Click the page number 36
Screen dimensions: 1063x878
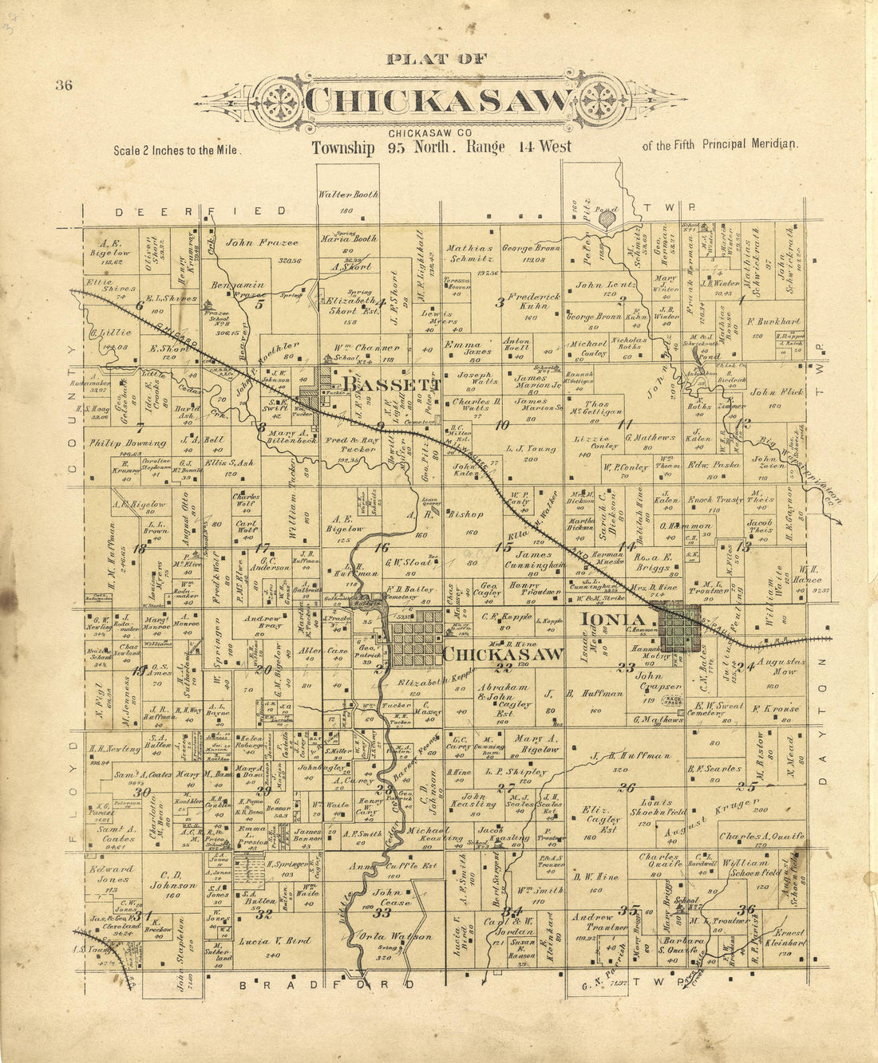click(64, 86)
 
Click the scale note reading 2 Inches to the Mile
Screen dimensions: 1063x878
click(176, 150)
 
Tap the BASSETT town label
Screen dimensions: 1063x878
click(395, 385)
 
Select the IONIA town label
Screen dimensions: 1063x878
click(612, 620)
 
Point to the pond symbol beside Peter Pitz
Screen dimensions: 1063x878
click(608, 217)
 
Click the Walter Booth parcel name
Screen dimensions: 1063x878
click(348, 194)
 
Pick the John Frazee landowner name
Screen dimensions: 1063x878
click(251, 242)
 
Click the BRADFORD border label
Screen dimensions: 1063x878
click(327, 984)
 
